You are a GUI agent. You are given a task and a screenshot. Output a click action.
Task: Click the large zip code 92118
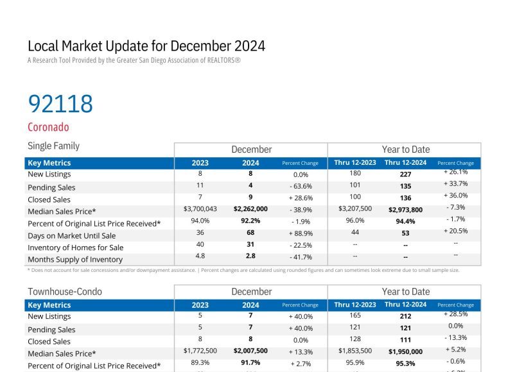(x=60, y=104)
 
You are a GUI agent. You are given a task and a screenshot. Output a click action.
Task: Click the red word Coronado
(x=48, y=127)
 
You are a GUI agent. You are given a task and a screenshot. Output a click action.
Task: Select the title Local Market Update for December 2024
(x=146, y=46)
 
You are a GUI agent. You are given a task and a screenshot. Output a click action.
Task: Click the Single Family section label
(x=54, y=146)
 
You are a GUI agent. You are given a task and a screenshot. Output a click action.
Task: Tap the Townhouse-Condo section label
(x=65, y=292)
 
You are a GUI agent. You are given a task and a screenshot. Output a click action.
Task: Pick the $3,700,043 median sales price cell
(x=200, y=209)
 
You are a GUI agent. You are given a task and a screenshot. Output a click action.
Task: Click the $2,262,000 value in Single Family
(x=250, y=209)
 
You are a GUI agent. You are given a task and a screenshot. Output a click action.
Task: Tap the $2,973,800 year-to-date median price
(x=405, y=210)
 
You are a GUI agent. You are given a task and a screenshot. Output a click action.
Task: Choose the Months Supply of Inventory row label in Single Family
(x=75, y=260)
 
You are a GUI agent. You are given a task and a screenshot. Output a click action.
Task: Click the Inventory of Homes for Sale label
(x=76, y=248)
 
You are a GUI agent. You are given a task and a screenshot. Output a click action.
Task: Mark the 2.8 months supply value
(x=250, y=257)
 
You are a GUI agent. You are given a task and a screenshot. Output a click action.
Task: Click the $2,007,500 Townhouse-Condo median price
(x=250, y=351)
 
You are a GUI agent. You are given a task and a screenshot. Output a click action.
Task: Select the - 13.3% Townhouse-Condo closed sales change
(x=456, y=338)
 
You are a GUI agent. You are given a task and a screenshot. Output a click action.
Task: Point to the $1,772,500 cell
(x=200, y=351)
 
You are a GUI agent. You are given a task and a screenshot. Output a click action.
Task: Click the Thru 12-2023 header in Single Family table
(x=355, y=163)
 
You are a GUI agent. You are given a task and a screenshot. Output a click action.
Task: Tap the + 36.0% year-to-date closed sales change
(x=456, y=196)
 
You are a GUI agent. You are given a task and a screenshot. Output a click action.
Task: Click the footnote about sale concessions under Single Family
(x=243, y=270)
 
